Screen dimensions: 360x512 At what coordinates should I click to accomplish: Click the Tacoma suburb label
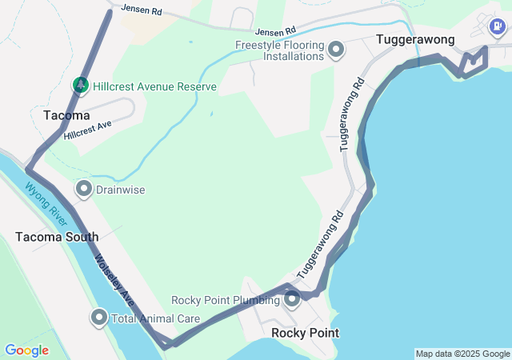66,116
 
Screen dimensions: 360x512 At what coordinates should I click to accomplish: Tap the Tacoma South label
57,237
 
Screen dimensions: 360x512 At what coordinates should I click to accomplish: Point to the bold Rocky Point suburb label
305,333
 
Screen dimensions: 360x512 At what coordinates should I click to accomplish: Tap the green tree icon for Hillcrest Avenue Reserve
80,85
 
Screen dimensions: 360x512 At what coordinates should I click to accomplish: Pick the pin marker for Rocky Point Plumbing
292,300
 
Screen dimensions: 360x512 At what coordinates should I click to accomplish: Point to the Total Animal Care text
155,318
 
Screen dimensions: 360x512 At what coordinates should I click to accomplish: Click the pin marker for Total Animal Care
99,318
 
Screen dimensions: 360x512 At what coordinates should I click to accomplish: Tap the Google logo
26,350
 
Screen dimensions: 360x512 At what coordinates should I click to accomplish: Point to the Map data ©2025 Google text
462,354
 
